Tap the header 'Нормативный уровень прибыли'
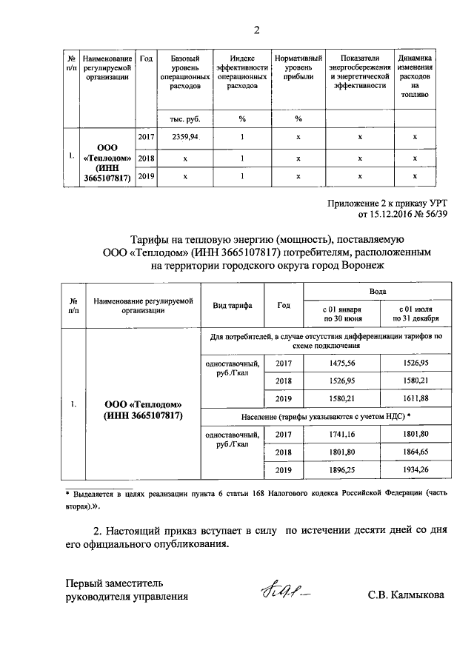298,72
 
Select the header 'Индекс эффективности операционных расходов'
241,72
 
